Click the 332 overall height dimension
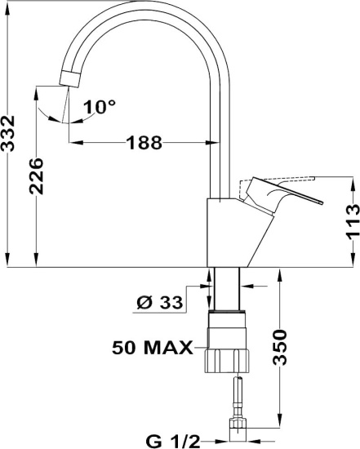pos(7,133)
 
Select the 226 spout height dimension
pos(37,176)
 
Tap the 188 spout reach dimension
pos(144,143)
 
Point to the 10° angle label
pos(100,106)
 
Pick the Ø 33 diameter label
pos(160,302)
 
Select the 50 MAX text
pos(153,348)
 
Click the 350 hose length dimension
pos(280,347)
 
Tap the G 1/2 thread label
pos(173,442)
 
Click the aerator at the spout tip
pos(69,78)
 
